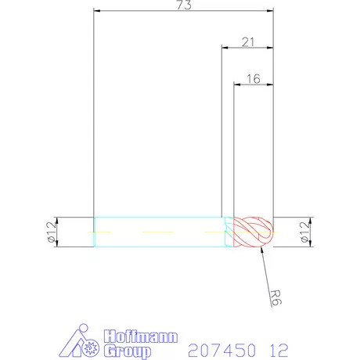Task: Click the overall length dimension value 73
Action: [x=184, y=5]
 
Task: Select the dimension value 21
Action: [x=247, y=43]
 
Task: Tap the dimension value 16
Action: [x=254, y=78]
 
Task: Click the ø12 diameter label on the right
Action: [x=304, y=232]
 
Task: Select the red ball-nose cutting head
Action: [x=255, y=232]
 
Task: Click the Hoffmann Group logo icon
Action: [x=79, y=345]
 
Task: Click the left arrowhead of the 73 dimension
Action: [x=96, y=12]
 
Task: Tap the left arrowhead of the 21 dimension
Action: [x=224, y=49]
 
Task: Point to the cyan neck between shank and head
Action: [x=229, y=232]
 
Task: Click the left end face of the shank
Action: [x=94, y=232]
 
